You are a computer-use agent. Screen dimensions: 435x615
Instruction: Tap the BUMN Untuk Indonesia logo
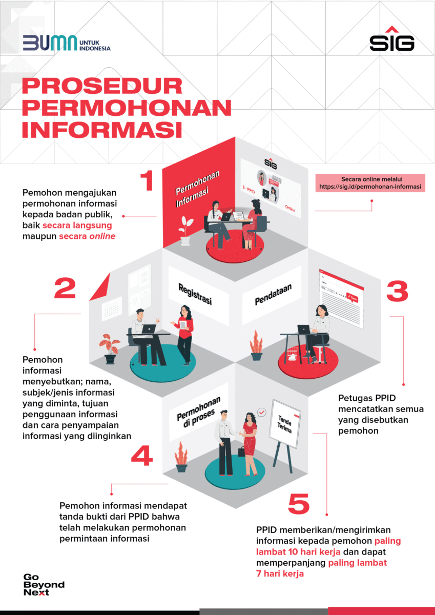(x=67, y=43)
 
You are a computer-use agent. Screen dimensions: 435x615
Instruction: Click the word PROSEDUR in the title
(x=102, y=86)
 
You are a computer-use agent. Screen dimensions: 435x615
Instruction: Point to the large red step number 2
(x=65, y=288)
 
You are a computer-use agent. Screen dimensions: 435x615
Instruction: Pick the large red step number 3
(x=397, y=291)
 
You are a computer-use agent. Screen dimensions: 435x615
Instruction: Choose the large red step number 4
(x=141, y=456)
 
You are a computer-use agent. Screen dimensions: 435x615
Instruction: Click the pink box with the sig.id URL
(x=370, y=183)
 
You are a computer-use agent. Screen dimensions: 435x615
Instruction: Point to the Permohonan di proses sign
(x=198, y=413)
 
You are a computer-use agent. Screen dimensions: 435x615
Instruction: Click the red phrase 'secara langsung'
(x=77, y=225)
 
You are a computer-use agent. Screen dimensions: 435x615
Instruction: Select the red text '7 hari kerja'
(x=280, y=573)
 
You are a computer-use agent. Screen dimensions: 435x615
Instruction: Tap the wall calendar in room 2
(x=112, y=309)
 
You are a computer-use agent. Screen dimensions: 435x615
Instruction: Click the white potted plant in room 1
(x=185, y=230)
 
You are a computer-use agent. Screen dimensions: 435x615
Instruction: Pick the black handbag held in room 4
(x=242, y=452)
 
